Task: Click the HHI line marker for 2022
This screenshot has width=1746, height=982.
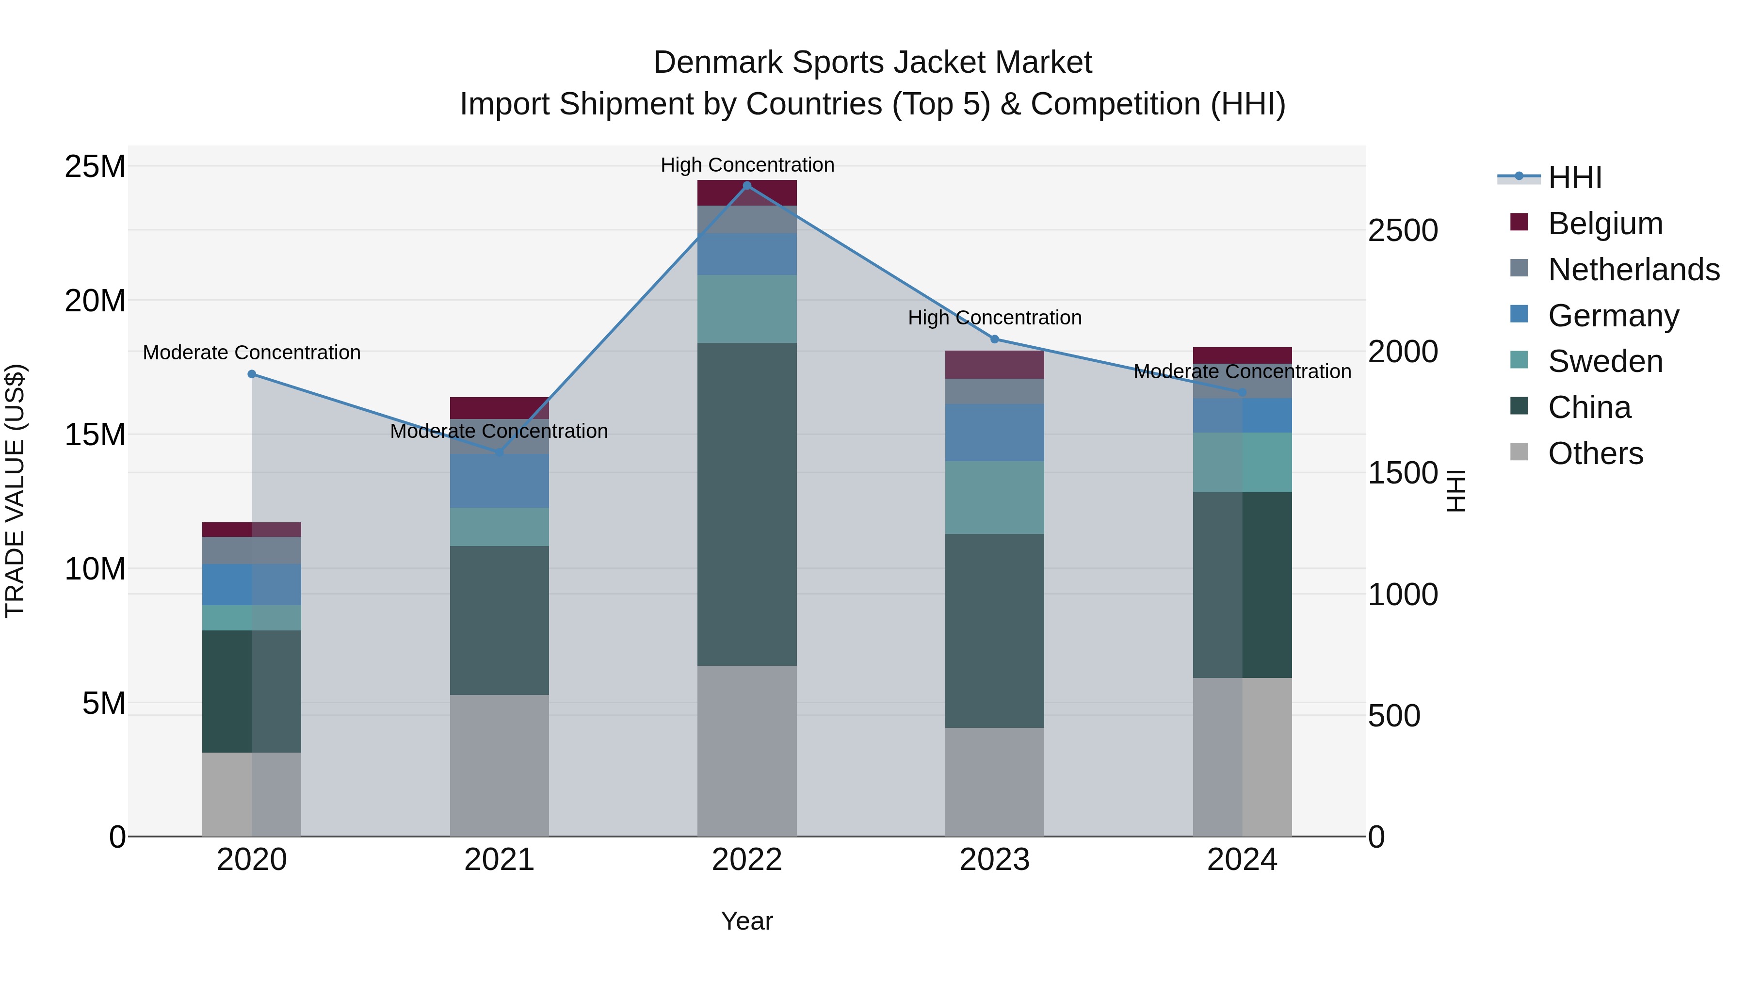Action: (747, 186)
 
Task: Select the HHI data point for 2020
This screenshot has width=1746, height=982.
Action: (251, 374)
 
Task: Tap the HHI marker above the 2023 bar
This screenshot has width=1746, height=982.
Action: (994, 339)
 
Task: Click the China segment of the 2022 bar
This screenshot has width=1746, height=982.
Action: (747, 504)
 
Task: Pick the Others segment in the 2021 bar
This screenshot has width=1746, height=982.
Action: (499, 765)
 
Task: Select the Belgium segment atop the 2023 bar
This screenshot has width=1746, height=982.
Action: (994, 365)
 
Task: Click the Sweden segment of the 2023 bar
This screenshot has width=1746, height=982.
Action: (994, 498)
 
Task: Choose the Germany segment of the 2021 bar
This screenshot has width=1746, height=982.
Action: (499, 481)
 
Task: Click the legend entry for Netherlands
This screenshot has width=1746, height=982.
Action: (1633, 270)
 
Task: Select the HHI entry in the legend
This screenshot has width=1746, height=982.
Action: (1574, 177)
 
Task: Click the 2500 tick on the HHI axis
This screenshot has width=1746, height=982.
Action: (1402, 231)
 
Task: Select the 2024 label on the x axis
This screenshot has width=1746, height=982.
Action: (1242, 860)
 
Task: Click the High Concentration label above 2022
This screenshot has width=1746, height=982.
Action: (747, 165)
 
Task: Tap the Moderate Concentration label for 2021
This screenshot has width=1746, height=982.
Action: (499, 431)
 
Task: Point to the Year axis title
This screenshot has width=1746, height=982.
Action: (747, 921)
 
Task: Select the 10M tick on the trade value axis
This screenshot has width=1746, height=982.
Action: (95, 569)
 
